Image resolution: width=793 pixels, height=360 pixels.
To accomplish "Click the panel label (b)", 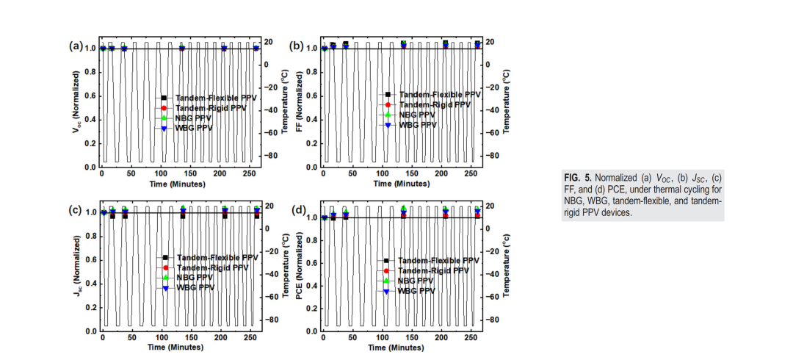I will click(x=297, y=46).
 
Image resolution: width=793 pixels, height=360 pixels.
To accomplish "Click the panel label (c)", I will click(x=75, y=210).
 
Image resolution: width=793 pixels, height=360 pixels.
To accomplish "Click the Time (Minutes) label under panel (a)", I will click(x=178, y=184).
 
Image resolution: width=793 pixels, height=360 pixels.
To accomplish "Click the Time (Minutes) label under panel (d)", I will click(x=399, y=349).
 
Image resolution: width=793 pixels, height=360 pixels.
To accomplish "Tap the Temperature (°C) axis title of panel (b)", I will click(x=507, y=107).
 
